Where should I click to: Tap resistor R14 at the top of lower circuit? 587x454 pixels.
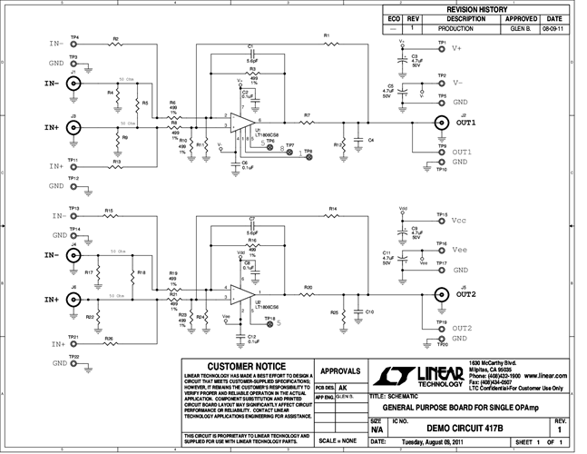pos(333,215)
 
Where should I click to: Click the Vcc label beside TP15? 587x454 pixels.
pos(461,222)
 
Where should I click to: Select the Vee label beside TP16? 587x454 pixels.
pos(461,248)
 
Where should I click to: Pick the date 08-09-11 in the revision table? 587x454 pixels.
pos(553,29)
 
